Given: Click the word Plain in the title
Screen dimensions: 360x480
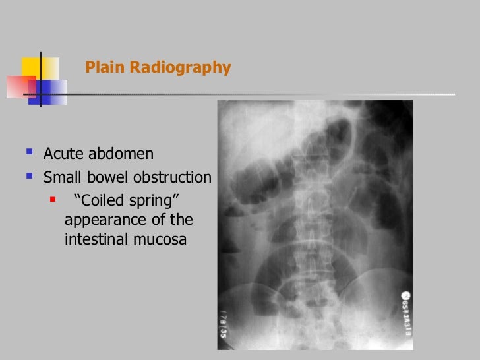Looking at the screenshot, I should click(x=101, y=68).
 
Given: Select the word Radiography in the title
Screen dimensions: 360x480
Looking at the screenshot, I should click(x=175, y=68).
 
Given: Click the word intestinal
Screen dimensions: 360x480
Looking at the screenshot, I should click(x=96, y=240).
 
